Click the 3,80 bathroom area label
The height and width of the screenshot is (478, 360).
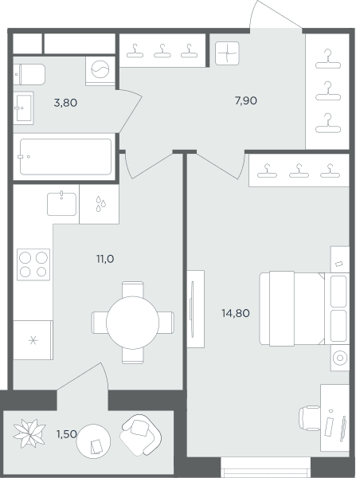(x=65, y=103)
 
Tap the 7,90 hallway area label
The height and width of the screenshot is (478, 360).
(x=245, y=100)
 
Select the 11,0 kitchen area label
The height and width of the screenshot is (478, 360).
(x=105, y=259)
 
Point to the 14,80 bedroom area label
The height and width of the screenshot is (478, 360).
(x=236, y=313)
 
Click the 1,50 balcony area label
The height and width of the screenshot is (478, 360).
(x=66, y=434)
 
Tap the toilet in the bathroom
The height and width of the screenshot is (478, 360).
(x=29, y=74)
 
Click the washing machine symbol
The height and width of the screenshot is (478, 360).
(x=100, y=71)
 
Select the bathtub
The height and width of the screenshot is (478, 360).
(x=65, y=157)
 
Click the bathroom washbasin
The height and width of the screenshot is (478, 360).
(x=23, y=108)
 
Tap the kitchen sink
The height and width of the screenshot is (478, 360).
(x=61, y=204)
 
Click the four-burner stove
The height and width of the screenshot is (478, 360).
(x=33, y=264)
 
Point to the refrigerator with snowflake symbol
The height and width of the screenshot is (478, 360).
(x=33, y=340)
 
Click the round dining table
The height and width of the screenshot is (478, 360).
(x=132, y=323)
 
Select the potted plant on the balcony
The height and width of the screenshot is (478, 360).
(x=29, y=433)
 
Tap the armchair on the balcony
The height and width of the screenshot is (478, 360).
(x=140, y=435)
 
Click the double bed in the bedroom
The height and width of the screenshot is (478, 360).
(x=304, y=308)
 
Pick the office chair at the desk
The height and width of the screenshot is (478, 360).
(x=309, y=418)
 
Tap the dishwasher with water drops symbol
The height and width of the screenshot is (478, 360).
(x=99, y=204)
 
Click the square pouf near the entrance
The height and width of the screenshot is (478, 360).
(x=227, y=53)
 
